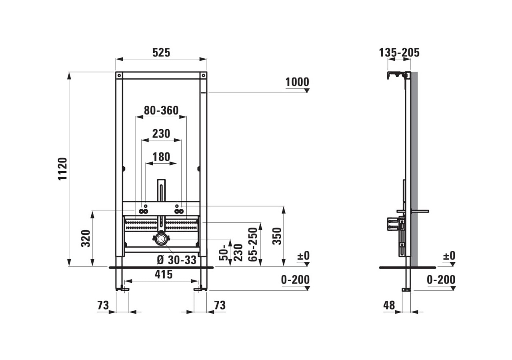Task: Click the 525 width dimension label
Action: coord(161,52)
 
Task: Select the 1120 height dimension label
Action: coord(63,168)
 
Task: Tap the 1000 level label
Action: coord(297,82)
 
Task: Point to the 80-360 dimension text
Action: coord(161,110)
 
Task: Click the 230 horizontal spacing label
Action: coord(161,134)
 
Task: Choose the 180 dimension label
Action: coord(161,157)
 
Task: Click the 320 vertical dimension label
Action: coord(86,238)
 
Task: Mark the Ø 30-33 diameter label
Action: coord(176,260)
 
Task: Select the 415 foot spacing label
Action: coord(164,274)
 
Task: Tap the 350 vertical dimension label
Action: coord(277,236)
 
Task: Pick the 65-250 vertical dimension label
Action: coord(252,244)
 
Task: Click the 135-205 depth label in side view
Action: coord(400,52)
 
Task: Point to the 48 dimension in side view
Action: coord(389,305)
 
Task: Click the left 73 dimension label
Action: coord(103,305)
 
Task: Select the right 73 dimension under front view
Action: coord(219,305)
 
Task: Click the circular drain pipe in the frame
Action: coord(161,239)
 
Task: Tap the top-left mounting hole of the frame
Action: coord(119,75)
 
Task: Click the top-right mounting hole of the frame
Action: coord(204,75)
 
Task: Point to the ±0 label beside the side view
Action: coord(449,256)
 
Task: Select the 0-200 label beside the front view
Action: coord(295,280)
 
